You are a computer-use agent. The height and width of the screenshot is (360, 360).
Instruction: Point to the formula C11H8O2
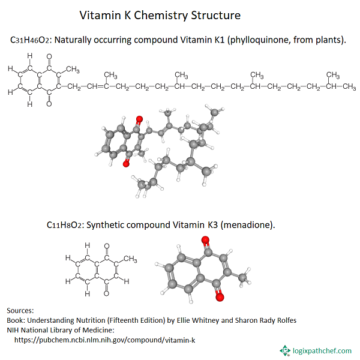pyautogui.click(x=66, y=225)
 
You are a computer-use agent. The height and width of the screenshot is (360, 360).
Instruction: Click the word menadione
pyautogui.click(x=247, y=225)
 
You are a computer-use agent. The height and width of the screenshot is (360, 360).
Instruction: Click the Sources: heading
pyautogui.click(x=20, y=310)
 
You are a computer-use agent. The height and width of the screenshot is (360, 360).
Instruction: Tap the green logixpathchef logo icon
pyautogui.click(x=284, y=350)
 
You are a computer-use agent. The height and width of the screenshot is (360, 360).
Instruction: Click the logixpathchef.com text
pyautogui.click(x=321, y=350)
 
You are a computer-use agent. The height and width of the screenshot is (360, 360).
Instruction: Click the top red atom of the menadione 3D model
pyautogui.click(x=206, y=241)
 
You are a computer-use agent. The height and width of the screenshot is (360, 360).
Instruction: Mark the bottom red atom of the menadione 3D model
pyautogui.click(x=219, y=296)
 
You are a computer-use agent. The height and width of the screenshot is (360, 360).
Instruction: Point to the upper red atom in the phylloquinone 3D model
pyautogui.click(x=139, y=119)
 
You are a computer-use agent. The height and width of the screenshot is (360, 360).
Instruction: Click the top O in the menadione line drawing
pyautogui.click(x=106, y=245)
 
